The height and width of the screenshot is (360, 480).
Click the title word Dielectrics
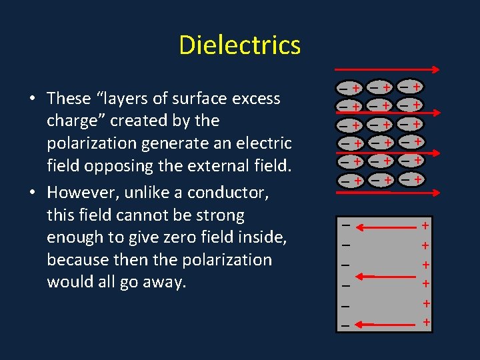(x=240, y=45)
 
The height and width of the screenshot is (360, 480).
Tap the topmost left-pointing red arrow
(x=383, y=226)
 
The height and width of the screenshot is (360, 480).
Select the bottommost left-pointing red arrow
(x=383, y=325)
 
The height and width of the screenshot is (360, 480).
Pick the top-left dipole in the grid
(x=349, y=88)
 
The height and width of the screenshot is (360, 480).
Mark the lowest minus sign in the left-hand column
(x=345, y=325)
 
